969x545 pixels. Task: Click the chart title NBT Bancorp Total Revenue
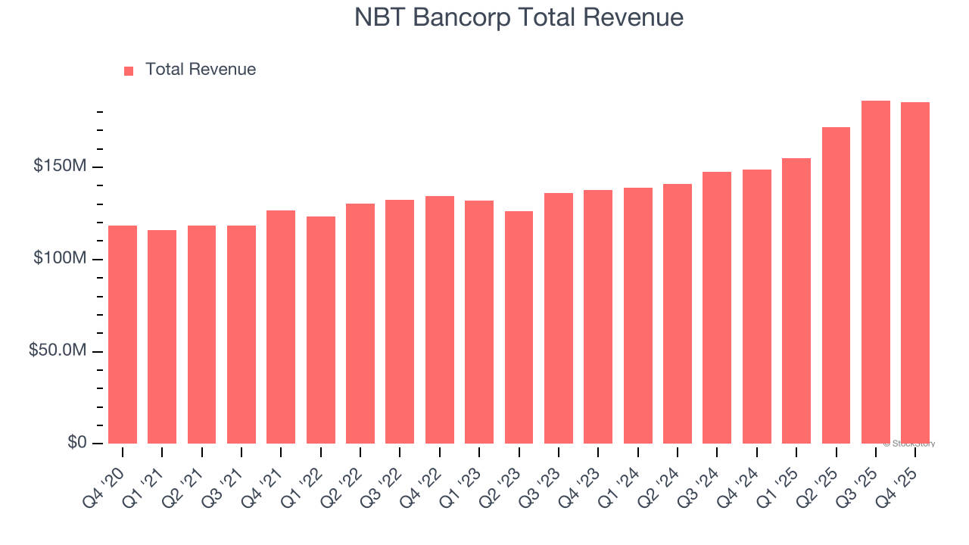(x=519, y=17)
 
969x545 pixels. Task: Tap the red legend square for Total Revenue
(x=129, y=70)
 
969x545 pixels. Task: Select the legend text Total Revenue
(x=201, y=70)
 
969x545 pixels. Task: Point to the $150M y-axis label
(x=59, y=166)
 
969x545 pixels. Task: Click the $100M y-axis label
(x=59, y=258)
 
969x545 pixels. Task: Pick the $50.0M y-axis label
(x=57, y=350)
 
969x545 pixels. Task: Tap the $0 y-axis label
(x=76, y=442)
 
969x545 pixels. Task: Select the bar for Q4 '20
(x=123, y=335)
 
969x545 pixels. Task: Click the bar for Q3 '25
(x=876, y=272)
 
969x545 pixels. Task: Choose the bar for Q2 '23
(x=519, y=327)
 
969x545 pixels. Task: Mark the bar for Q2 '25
(x=836, y=285)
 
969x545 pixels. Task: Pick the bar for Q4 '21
(x=281, y=327)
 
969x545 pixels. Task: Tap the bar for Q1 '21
(x=162, y=337)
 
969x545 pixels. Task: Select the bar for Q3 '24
(x=717, y=307)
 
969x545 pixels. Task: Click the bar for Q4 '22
(x=440, y=319)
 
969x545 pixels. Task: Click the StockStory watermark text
(x=909, y=444)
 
